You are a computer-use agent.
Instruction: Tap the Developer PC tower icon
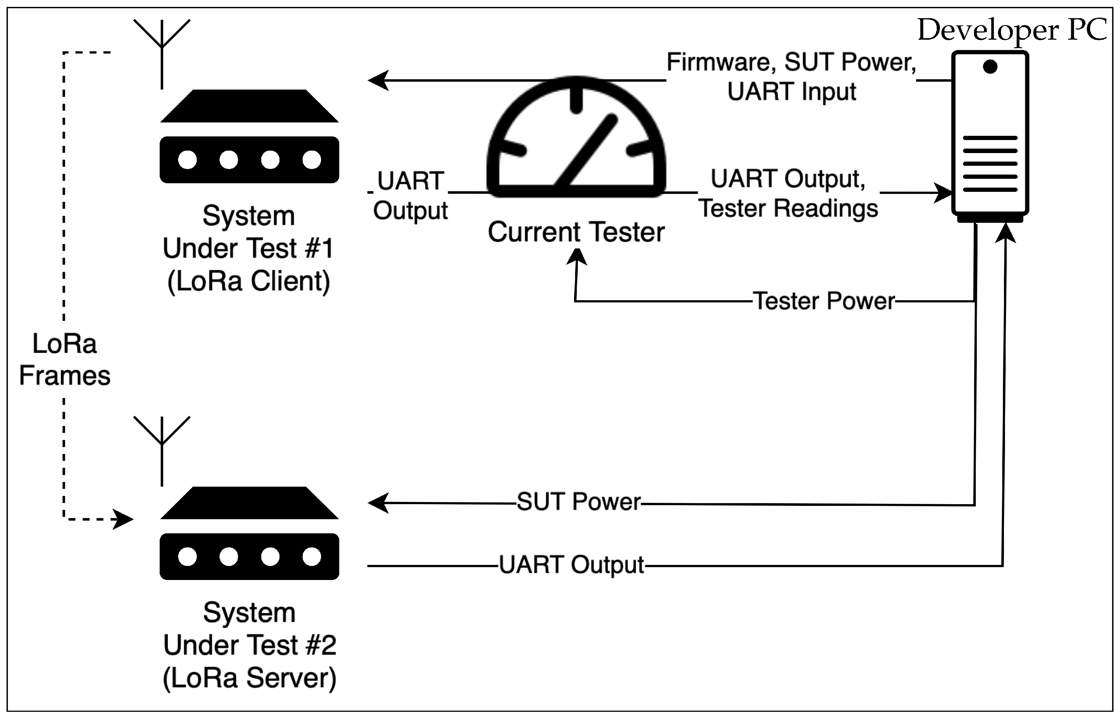pyautogui.click(x=990, y=136)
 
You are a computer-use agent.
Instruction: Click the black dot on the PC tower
pyautogui.click(x=990, y=67)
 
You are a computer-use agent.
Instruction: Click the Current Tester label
pyautogui.click(x=576, y=232)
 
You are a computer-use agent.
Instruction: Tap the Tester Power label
pyautogui.click(x=824, y=301)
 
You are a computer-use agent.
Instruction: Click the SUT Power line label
pyautogui.click(x=579, y=502)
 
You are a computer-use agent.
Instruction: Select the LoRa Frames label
pyautogui.click(x=65, y=360)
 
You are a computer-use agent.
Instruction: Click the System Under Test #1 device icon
pyautogui.click(x=249, y=136)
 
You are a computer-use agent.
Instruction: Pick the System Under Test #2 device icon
pyautogui.click(x=249, y=533)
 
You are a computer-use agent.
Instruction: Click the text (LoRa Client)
pyautogui.click(x=249, y=281)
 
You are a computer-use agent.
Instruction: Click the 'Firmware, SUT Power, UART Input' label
pyautogui.click(x=791, y=77)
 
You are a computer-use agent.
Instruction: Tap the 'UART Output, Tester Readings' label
pyautogui.click(x=788, y=193)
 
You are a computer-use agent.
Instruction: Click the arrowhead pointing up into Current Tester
pyautogui.click(x=577, y=257)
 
